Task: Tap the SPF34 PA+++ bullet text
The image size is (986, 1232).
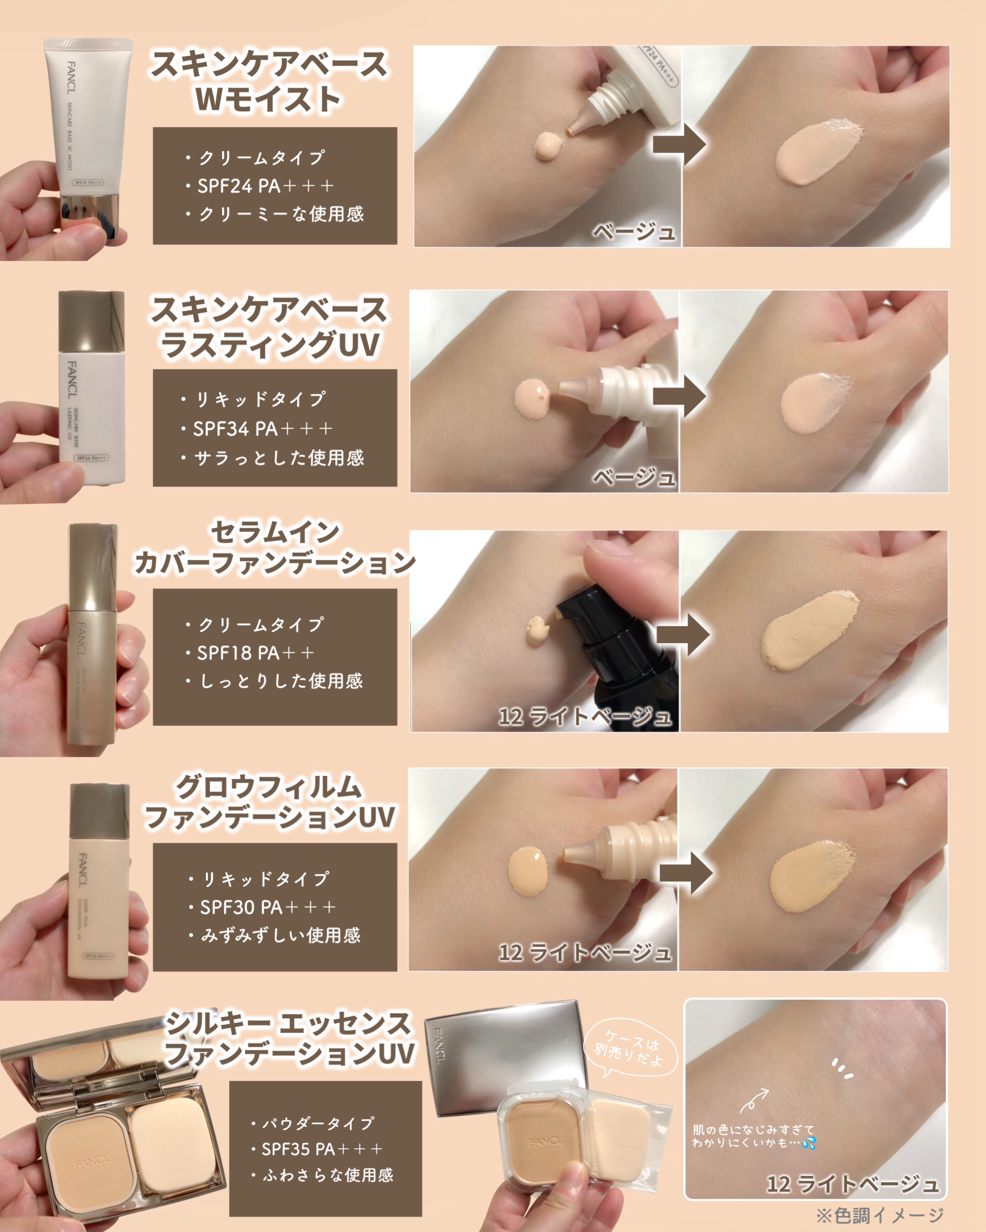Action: tap(262, 429)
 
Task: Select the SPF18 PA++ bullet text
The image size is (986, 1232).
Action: tap(255, 653)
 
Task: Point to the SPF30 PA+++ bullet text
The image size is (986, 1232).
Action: tap(267, 907)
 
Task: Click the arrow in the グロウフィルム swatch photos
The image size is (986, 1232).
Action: tap(685, 873)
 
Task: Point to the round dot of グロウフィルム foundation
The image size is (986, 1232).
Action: tap(528, 871)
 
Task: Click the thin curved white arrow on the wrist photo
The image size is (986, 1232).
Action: tap(754, 1100)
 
